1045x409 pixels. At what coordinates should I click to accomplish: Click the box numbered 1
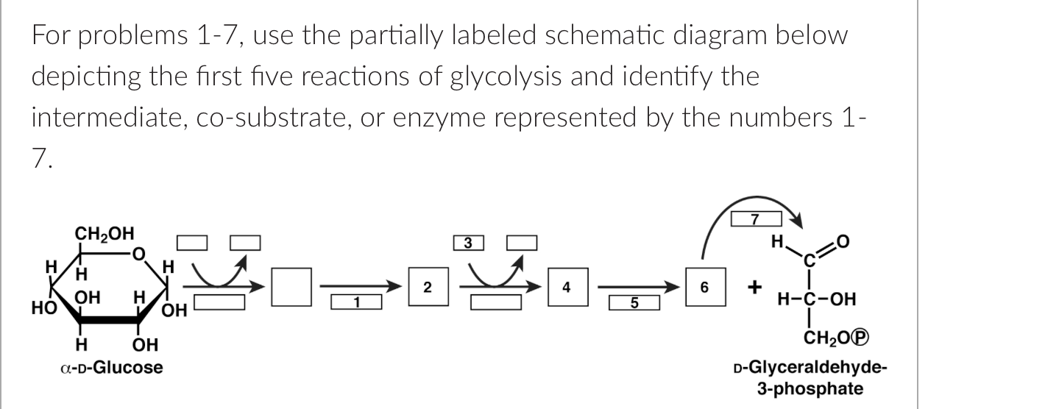[x=356, y=301]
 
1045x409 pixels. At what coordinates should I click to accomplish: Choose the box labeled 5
[x=634, y=301]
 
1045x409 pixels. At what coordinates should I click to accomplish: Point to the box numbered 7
[x=754, y=218]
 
